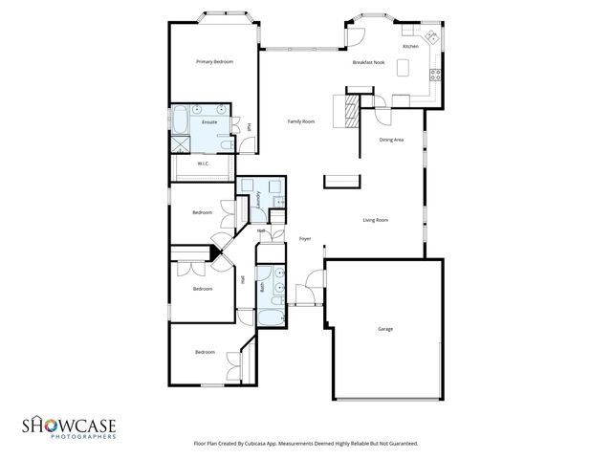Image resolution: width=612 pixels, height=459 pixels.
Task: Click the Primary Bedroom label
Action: tap(214, 62)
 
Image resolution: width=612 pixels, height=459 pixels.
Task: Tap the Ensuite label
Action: tap(209, 122)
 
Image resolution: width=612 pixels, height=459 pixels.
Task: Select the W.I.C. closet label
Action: tap(204, 164)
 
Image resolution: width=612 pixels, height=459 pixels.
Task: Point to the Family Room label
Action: tap(302, 121)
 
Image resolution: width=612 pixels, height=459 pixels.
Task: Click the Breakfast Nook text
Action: tap(368, 62)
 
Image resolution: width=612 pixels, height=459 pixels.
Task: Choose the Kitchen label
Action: tap(410, 46)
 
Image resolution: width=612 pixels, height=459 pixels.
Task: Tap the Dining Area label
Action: tap(391, 140)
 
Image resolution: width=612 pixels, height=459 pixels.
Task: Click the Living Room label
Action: tap(375, 220)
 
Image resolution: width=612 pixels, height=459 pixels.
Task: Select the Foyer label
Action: tap(305, 238)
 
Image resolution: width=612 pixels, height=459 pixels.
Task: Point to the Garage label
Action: tap(385, 329)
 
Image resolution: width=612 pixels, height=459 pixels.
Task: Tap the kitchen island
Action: tap(403, 68)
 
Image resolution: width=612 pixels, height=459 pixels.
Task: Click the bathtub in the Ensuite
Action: tap(179, 120)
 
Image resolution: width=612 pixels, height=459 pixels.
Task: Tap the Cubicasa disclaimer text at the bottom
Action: tap(305, 444)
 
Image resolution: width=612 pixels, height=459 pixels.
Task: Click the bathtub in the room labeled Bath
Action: tap(270, 315)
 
